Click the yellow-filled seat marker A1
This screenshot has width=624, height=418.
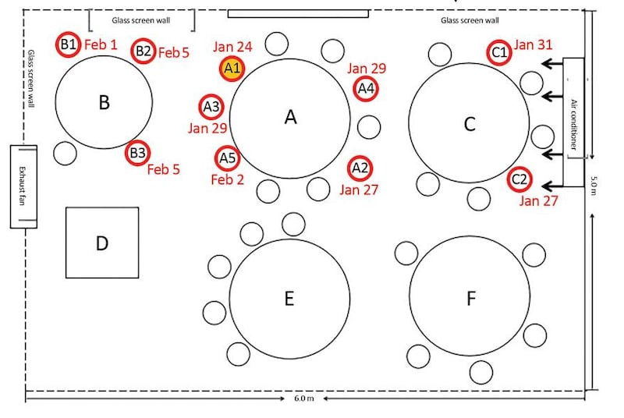[232, 69]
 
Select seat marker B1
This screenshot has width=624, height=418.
[68, 44]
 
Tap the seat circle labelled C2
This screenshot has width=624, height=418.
[519, 179]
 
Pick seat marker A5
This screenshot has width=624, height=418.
[227, 158]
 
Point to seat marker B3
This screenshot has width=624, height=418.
[138, 153]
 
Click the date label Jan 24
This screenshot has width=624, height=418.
[232, 47]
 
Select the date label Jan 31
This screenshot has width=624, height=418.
[533, 44]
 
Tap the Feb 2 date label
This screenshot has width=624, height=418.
[227, 179]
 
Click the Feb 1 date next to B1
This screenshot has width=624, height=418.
[101, 44]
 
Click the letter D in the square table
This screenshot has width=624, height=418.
[102, 243]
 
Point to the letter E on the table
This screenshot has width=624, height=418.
[289, 298]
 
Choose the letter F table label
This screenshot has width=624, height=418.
[471, 298]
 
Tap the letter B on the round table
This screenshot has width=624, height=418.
[104, 102]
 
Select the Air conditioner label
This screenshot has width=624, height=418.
[573, 124]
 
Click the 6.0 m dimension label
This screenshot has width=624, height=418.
[304, 399]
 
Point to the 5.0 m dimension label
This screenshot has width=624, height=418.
[594, 186]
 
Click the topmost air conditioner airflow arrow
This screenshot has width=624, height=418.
[552, 63]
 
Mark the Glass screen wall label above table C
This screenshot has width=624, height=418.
[470, 20]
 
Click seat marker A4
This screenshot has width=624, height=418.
[365, 88]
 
